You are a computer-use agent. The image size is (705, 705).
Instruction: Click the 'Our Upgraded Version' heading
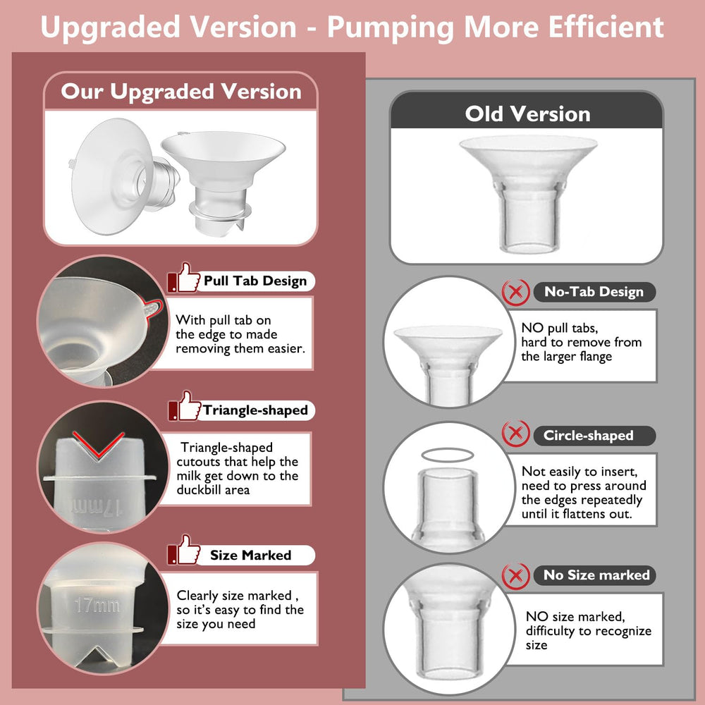pos(181,92)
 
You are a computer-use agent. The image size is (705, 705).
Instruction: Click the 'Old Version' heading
pos(527,114)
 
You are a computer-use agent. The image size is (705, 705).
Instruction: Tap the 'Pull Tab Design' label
pos(255,281)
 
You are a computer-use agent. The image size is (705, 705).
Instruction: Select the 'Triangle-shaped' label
pos(255,410)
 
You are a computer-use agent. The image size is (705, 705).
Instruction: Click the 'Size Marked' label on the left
pos(250,555)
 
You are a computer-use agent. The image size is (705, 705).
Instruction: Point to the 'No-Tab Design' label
pos(594,292)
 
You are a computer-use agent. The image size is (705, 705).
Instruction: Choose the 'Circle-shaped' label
pos(588,435)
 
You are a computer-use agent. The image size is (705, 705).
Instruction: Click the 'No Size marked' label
pos(596,575)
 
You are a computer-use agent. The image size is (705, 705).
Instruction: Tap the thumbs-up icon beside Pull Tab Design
pos(185,278)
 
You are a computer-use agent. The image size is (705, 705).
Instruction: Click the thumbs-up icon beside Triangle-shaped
pos(185,407)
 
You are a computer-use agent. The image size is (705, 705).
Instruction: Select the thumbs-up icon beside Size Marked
pos(185,550)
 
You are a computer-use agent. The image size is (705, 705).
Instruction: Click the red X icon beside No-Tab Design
pos(516,291)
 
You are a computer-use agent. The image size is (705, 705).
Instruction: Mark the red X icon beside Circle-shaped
pos(516,434)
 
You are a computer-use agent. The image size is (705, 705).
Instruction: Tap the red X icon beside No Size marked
pos(516,575)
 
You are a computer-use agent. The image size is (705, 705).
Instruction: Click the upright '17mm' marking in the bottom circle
pos(97,605)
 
